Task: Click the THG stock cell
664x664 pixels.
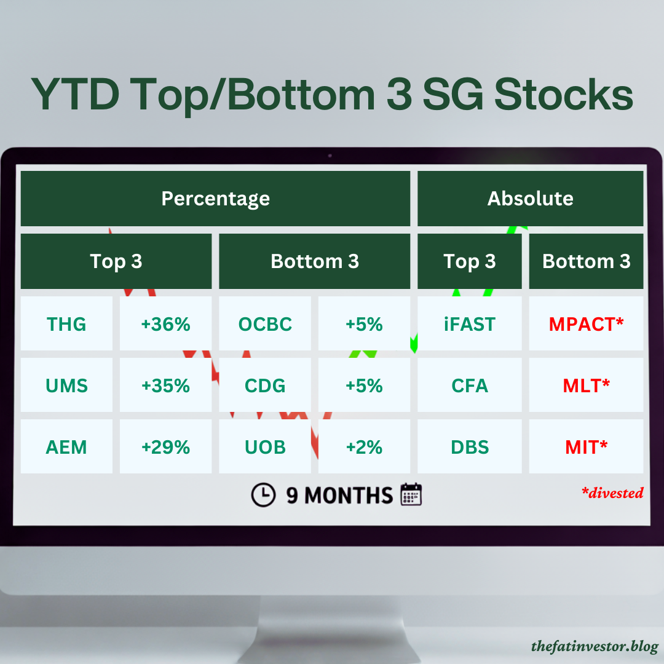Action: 66,324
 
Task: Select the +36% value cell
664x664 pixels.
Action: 165,324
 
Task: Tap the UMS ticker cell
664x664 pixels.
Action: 66,385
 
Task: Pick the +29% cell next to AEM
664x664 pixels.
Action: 165,447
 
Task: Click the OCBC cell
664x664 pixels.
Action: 265,324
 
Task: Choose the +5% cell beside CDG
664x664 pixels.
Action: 364,385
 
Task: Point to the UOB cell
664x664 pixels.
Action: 265,447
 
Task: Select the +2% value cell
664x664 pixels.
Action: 364,447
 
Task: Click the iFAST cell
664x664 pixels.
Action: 470,324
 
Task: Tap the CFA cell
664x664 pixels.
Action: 470,385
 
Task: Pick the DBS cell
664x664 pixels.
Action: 470,447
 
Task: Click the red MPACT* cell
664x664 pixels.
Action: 586,324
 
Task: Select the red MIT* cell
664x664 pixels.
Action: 586,447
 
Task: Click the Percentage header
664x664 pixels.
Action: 215,199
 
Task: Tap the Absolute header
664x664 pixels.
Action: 530,199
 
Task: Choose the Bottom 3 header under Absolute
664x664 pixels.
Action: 586,261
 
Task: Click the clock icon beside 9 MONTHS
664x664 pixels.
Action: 263,495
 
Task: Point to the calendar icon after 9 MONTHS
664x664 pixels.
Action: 411,495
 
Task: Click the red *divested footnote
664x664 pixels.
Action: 612,492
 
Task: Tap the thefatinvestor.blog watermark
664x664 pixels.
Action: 595,647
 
